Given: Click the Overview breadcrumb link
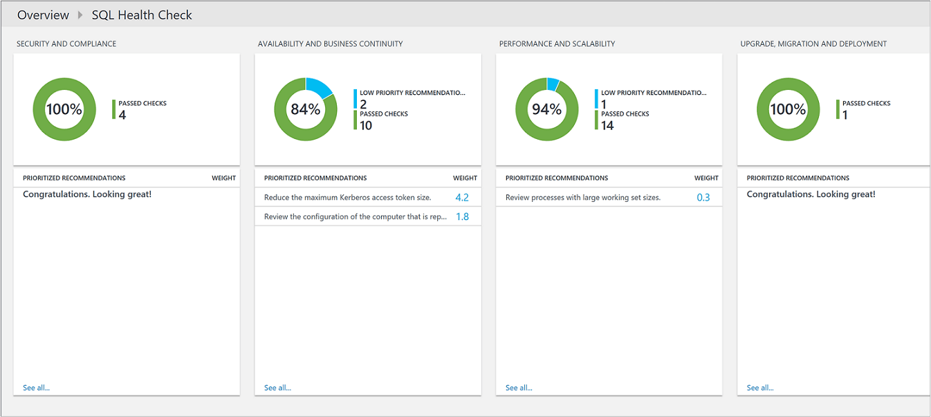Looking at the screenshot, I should pyautogui.click(x=43, y=15).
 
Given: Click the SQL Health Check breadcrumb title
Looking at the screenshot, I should pyautogui.click(x=142, y=15).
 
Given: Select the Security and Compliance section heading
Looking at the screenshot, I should pyautogui.click(x=66, y=44).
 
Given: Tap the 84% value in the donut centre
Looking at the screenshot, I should pyautogui.click(x=305, y=109).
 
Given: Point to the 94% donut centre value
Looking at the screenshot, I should pyautogui.click(x=546, y=109).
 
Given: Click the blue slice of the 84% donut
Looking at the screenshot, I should pyautogui.click(x=320, y=87).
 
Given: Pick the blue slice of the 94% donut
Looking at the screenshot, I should pyautogui.click(x=552, y=84).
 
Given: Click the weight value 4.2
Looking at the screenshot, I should pyautogui.click(x=462, y=198).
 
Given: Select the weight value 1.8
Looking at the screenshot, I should pyautogui.click(x=462, y=217).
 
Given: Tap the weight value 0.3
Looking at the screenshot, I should pyautogui.click(x=703, y=198).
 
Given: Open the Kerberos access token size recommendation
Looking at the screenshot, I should pyautogui.click(x=347, y=198).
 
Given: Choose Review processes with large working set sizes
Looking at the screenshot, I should pyautogui.click(x=582, y=198).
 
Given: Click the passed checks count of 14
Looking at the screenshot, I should pyautogui.click(x=607, y=126).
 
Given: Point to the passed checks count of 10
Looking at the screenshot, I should pyautogui.click(x=366, y=126).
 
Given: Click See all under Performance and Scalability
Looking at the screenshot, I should pyautogui.click(x=519, y=388).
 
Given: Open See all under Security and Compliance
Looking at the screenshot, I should pyautogui.click(x=36, y=388).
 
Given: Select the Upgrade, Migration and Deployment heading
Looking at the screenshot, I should pyautogui.click(x=813, y=44).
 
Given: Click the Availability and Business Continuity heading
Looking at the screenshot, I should pyautogui.click(x=330, y=44).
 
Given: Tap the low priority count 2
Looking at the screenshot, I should pyautogui.click(x=363, y=104).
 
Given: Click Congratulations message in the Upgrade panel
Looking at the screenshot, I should pyautogui.click(x=811, y=194).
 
